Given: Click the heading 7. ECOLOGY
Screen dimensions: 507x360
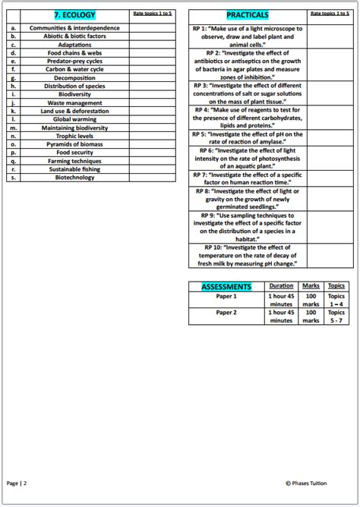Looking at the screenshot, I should [74, 15].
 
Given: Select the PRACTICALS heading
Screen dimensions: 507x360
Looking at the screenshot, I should [247, 15].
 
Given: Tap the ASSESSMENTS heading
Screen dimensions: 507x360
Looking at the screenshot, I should [226, 287].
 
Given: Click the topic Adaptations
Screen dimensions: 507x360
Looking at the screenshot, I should [74, 44].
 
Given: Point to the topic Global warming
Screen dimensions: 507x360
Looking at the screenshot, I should [74, 119].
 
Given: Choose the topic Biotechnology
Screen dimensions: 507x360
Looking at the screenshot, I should [74, 178].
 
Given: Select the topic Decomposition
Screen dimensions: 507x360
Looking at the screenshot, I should [74, 77].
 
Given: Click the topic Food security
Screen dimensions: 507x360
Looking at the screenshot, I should [74, 153].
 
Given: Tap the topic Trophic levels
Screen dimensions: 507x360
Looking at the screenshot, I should [74, 136].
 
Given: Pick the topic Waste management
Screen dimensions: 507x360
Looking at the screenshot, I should [74, 102].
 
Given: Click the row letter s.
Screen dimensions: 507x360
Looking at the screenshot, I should [14, 178].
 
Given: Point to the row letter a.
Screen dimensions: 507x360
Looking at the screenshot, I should [14, 27].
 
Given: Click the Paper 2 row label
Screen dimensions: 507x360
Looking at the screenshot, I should [226, 312].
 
